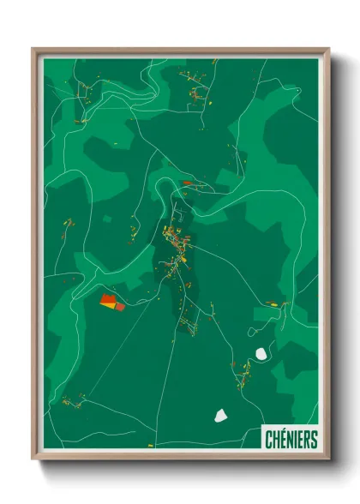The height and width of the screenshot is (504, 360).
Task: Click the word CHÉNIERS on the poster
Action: tap(291, 440)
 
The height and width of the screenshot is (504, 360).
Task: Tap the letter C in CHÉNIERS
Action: tap(267, 440)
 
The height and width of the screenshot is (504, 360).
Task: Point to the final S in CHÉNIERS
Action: tap(314, 440)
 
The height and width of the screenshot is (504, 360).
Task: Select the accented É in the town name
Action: tap(281, 440)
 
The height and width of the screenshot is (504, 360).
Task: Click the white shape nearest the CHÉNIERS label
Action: tap(220, 416)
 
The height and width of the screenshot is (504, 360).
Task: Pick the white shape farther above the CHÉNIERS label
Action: tap(261, 352)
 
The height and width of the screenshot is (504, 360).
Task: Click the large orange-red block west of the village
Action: tap(109, 301)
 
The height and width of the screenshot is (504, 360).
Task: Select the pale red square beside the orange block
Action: tap(120, 306)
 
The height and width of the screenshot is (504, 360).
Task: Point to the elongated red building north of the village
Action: tap(187, 182)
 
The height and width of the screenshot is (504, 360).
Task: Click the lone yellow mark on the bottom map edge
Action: tap(150, 446)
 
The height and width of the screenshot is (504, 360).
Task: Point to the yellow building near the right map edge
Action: tap(274, 303)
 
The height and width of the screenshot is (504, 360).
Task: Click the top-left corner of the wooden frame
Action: tap(33, 49)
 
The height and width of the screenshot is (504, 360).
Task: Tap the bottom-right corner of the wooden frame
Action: tap(329, 459)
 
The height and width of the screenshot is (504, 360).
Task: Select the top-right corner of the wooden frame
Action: tap(329, 49)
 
